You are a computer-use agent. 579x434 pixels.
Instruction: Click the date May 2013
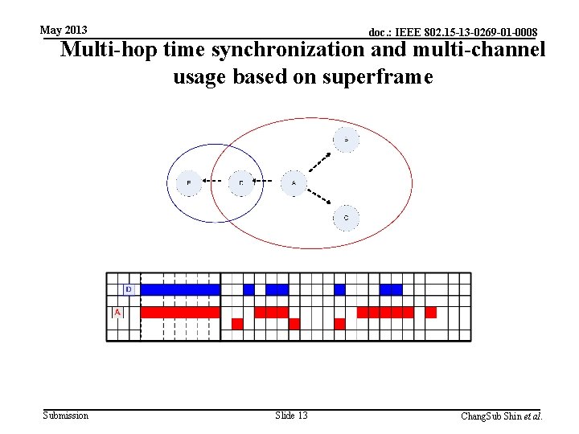(x=64, y=30)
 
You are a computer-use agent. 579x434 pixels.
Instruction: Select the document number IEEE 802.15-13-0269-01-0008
(x=453, y=32)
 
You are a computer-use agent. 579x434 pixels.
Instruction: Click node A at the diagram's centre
(x=294, y=183)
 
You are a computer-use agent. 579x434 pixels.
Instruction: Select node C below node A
(x=346, y=218)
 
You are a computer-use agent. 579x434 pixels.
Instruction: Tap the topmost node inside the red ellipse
(x=346, y=140)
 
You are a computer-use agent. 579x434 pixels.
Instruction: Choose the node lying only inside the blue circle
(x=189, y=183)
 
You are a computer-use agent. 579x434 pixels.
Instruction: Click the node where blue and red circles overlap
(x=241, y=183)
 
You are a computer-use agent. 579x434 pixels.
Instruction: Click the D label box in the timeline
(x=128, y=289)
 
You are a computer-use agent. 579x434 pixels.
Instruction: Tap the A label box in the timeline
(x=117, y=312)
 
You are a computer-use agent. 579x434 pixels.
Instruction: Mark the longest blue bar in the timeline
(x=180, y=289)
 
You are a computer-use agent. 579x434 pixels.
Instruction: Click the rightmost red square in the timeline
(x=431, y=312)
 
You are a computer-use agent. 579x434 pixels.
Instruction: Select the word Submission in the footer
(x=66, y=416)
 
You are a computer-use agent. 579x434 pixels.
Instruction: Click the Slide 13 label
(x=291, y=416)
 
